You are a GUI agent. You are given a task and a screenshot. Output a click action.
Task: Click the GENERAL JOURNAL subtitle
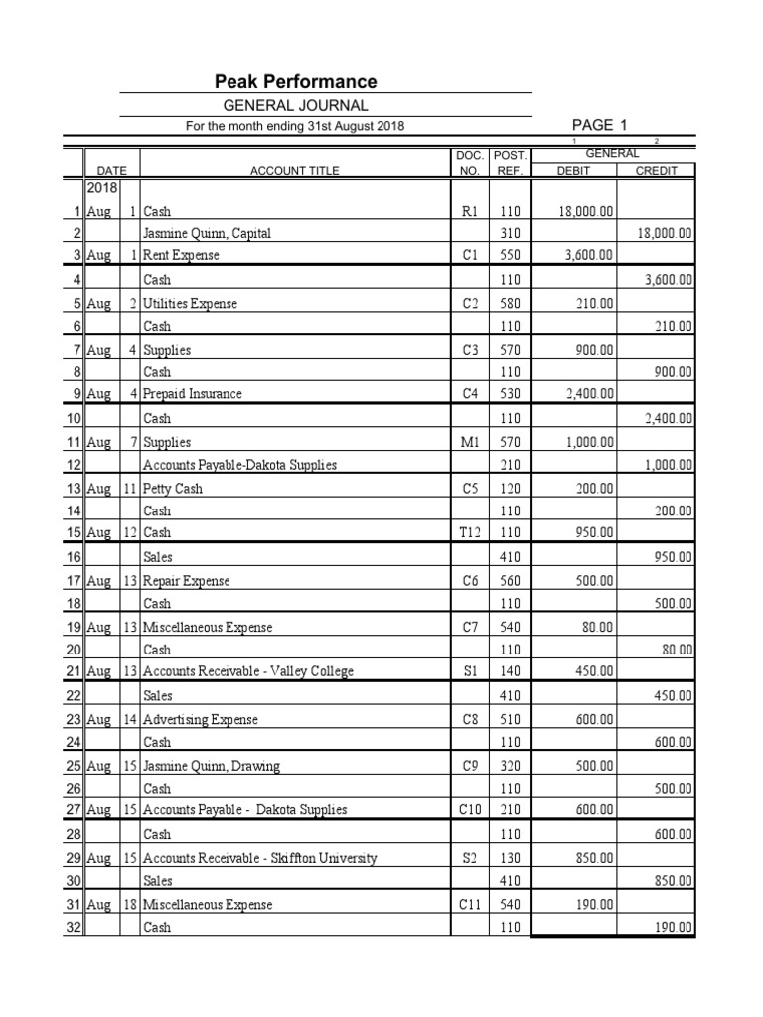(296, 105)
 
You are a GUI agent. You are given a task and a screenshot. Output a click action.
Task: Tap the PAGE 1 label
(600, 125)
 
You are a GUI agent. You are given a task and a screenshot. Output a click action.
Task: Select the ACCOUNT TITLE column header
(294, 171)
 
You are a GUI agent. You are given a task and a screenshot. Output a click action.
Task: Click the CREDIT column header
(655, 171)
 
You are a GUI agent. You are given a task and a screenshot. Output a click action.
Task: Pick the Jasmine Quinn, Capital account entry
(207, 234)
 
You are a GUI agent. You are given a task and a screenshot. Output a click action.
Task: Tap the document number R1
(470, 212)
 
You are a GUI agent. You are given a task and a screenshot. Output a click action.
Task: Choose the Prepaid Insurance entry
(193, 394)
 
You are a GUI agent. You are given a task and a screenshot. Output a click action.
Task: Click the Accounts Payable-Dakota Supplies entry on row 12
(239, 465)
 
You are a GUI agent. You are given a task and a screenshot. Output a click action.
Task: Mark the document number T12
(470, 533)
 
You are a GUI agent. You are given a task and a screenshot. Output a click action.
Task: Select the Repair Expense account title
(187, 580)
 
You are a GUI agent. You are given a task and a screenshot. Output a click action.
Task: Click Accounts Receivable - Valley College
(248, 672)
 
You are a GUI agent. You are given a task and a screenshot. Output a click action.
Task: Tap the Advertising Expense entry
(201, 719)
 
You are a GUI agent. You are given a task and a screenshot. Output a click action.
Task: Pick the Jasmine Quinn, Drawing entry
(212, 766)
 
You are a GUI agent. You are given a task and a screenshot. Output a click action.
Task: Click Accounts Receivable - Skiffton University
(260, 858)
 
